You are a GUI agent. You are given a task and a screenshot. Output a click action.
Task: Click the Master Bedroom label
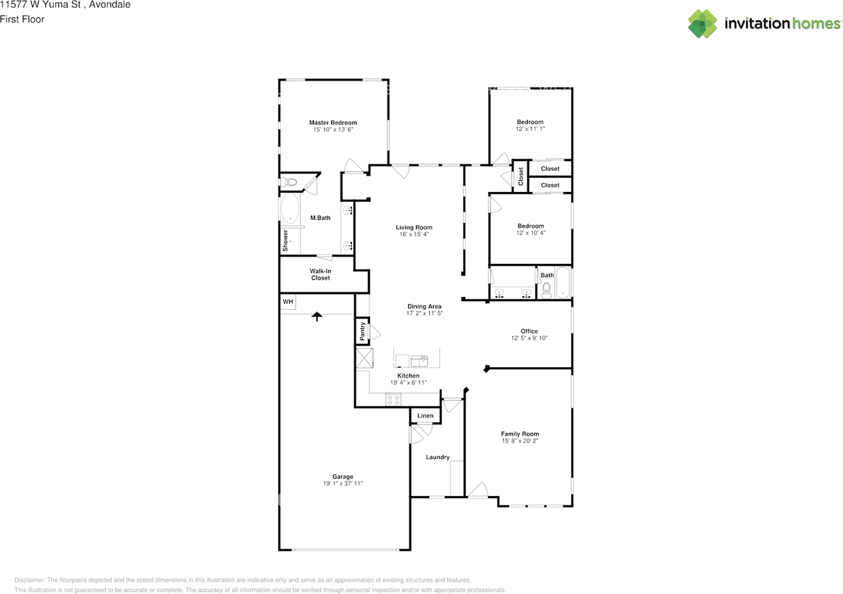pos(333,122)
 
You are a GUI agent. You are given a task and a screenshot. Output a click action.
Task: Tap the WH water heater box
pos(288,302)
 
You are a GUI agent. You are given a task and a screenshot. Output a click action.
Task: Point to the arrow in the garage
pos(317,316)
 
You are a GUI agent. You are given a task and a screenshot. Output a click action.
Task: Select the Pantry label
pos(362,332)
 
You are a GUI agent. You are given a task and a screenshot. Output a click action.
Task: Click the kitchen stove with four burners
pos(393,400)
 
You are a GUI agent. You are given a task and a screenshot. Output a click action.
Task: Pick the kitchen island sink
pos(420,361)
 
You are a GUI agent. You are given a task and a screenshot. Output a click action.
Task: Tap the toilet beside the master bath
pos(289,182)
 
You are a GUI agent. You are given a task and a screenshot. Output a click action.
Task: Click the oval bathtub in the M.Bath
pos(290,209)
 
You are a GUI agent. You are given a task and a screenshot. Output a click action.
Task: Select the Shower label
pos(285,241)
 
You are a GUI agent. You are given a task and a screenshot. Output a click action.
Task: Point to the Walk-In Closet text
pos(320,274)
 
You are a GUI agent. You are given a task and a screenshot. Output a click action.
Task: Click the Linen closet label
pos(425,416)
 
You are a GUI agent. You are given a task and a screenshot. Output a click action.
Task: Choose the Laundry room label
pos(438,457)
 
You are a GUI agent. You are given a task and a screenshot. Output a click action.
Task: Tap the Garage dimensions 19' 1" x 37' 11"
pos(343,483)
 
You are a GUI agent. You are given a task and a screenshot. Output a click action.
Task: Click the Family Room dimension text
pos(520,441)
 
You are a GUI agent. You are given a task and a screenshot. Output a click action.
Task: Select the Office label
pos(529,332)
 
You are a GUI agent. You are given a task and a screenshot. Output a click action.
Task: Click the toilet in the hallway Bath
pos(547,290)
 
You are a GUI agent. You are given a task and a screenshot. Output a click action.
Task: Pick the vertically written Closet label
pos(521,177)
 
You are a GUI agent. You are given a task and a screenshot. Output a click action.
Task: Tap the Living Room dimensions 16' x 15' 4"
pos(414,234)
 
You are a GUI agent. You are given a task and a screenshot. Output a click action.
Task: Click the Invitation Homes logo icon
pos(703,24)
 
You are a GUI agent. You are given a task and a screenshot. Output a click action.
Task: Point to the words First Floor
pos(22,19)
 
